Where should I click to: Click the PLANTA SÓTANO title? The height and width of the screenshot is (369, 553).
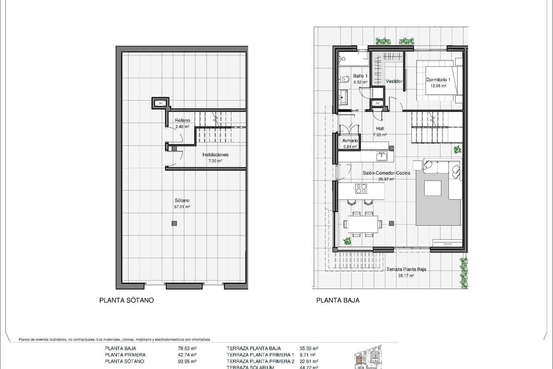tap(126, 300)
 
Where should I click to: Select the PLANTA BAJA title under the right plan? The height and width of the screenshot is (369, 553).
tap(338, 300)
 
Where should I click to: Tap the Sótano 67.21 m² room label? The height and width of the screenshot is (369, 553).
tap(182, 203)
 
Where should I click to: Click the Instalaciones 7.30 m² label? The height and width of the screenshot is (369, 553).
tap(215, 157)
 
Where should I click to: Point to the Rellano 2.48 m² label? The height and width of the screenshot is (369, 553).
tap(182, 123)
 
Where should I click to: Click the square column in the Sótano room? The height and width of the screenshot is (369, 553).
tap(174, 223)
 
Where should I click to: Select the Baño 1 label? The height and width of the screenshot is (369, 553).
tap(360, 76)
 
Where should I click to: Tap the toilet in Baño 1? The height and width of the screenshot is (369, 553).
tap(344, 78)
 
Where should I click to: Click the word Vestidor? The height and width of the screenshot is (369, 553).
tap(394, 82)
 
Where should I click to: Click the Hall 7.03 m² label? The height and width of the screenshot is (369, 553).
tap(380, 131)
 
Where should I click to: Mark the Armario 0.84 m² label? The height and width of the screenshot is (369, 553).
tap(350, 143)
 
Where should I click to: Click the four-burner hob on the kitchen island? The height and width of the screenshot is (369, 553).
tap(361, 189)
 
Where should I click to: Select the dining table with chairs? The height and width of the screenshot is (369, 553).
tap(363, 224)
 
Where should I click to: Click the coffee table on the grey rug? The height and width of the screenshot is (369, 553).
tap(433, 188)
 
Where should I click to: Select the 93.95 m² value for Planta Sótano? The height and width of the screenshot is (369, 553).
tap(187, 361)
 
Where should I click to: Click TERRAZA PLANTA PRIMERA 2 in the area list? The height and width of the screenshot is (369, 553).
tap(260, 361)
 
